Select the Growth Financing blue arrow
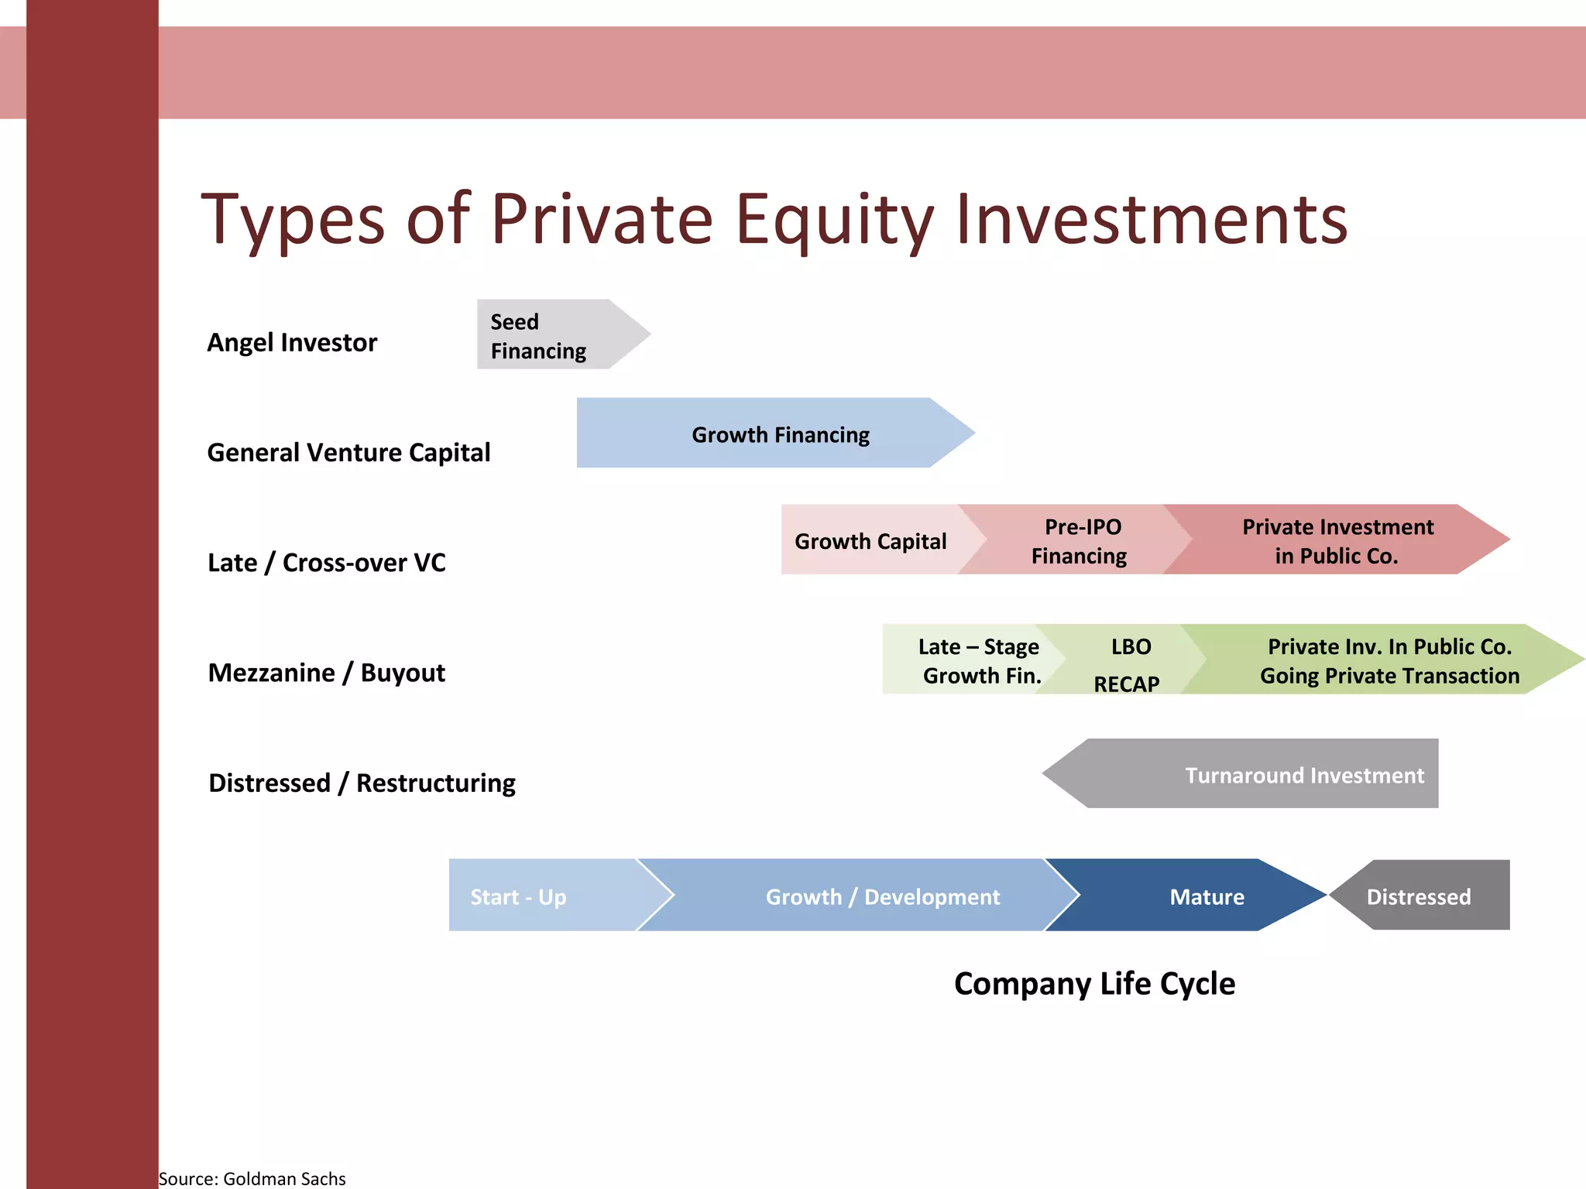point(774,433)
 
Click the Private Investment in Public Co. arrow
point(1336,540)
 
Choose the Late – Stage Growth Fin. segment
point(968,660)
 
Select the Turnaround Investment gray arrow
point(1270,774)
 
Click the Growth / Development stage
point(867,896)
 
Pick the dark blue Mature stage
point(1193,896)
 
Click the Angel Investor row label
point(292,342)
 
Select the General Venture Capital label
point(348,452)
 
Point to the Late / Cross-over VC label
point(326,562)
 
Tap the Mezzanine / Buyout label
point(326,673)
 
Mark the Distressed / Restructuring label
point(362,783)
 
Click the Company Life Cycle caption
point(1094,983)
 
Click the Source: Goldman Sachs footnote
point(252,1178)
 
